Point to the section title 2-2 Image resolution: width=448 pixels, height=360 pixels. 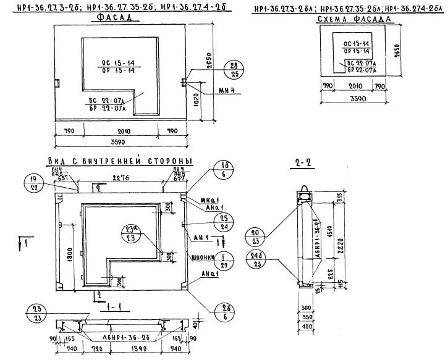(302, 164)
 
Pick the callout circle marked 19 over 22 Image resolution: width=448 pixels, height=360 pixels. (32, 182)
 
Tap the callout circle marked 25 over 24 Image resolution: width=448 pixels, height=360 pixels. (225, 222)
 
